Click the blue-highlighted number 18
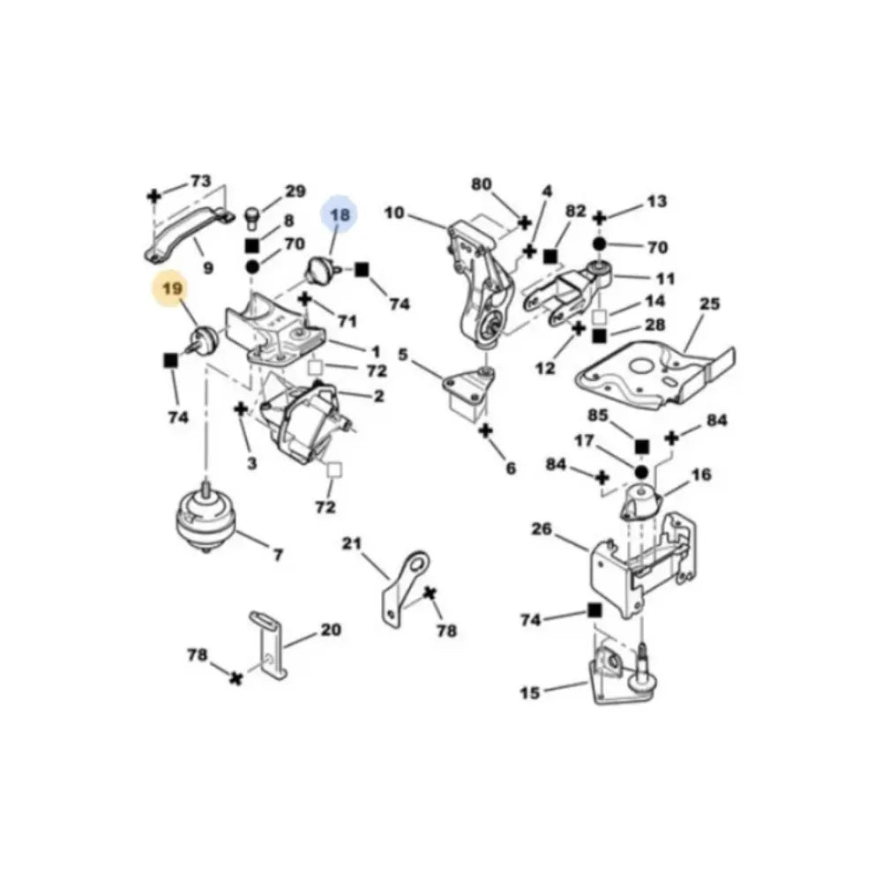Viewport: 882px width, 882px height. (340, 213)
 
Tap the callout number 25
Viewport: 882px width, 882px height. (709, 305)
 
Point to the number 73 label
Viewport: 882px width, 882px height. (201, 181)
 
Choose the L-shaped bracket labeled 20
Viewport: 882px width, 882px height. (268, 645)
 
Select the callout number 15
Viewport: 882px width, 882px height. (529, 693)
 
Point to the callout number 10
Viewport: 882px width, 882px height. (394, 213)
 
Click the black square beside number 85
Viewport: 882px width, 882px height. (641, 447)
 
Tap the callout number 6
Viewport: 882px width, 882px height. (510, 469)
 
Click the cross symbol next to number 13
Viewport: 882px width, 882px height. (600, 217)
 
